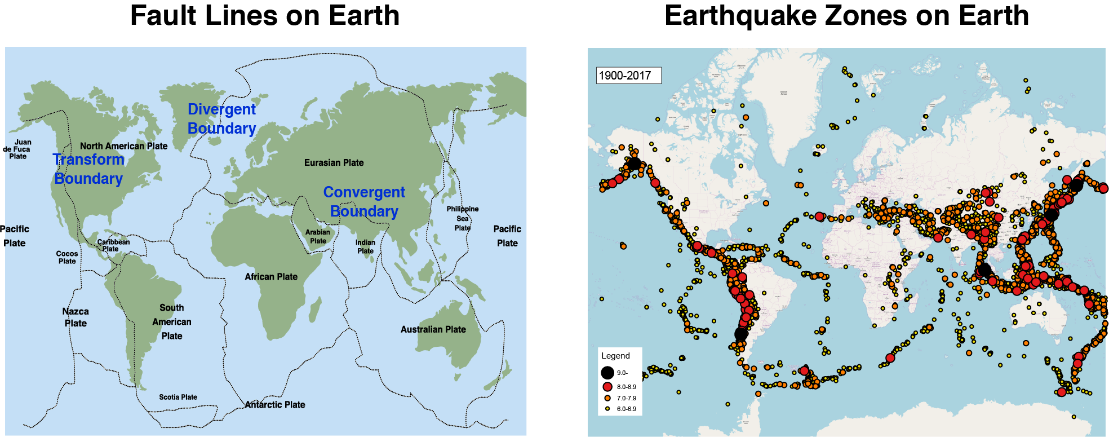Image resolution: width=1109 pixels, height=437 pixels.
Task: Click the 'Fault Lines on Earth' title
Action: pyautogui.click(x=265, y=16)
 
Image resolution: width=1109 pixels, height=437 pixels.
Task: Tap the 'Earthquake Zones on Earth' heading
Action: pyautogui.click(x=846, y=16)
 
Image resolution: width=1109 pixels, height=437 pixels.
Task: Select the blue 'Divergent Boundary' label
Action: pyautogui.click(x=221, y=119)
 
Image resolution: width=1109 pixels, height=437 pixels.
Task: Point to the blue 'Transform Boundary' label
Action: pyautogui.click(x=88, y=169)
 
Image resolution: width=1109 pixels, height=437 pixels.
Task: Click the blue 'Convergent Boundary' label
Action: pyautogui.click(x=364, y=201)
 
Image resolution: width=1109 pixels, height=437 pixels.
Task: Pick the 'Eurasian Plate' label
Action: pyautogui.click(x=334, y=162)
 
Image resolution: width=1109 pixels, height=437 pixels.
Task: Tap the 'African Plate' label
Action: pyautogui.click(x=271, y=276)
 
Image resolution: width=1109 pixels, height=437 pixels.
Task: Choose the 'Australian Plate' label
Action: pyautogui.click(x=433, y=329)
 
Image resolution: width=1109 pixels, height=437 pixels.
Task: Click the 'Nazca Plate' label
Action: pyautogui.click(x=76, y=317)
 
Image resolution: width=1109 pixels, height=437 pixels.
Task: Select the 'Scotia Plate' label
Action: pyautogui.click(x=178, y=397)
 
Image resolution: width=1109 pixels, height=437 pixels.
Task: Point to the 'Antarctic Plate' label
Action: pyautogui.click(x=275, y=404)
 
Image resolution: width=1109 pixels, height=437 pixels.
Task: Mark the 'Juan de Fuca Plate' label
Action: pyautogui.click(x=17, y=149)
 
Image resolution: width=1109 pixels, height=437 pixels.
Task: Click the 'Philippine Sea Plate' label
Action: pyautogui.click(x=463, y=218)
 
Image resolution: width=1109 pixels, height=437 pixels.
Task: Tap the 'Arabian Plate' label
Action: pyautogui.click(x=318, y=236)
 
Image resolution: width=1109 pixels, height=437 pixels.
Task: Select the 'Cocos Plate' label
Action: pyautogui.click(x=67, y=257)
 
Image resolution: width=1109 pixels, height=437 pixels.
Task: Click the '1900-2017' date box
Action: pyautogui.click(x=628, y=76)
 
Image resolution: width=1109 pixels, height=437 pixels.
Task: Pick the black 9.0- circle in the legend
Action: pyautogui.click(x=607, y=373)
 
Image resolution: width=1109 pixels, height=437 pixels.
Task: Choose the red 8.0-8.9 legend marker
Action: pyautogui.click(x=607, y=387)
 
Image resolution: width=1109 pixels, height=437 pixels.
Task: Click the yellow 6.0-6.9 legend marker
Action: pyautogui.click(x=607, y=409)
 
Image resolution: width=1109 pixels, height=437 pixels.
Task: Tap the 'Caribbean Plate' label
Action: pyautogui.click(x=113, y=245)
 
